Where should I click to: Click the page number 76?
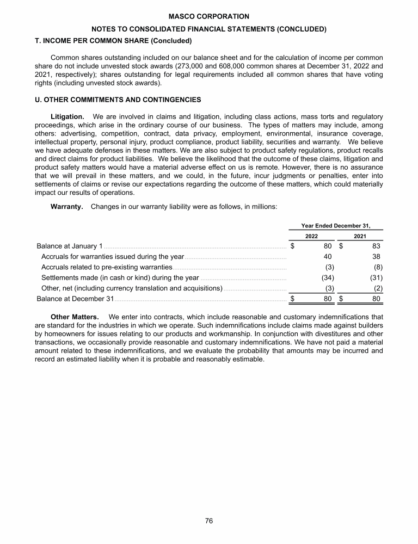208,521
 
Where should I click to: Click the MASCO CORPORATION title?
208,17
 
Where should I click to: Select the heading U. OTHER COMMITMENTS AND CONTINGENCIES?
118,100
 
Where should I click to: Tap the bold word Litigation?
67,117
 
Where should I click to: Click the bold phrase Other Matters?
74,317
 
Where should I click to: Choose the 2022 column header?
311,236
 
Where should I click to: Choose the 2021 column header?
360,236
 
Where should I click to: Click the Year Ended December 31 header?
335,225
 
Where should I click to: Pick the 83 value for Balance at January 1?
376,246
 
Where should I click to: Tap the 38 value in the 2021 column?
376,257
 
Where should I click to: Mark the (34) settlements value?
326,277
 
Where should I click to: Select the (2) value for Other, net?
378,288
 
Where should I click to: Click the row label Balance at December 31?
75,299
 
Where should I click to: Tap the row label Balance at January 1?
69,246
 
